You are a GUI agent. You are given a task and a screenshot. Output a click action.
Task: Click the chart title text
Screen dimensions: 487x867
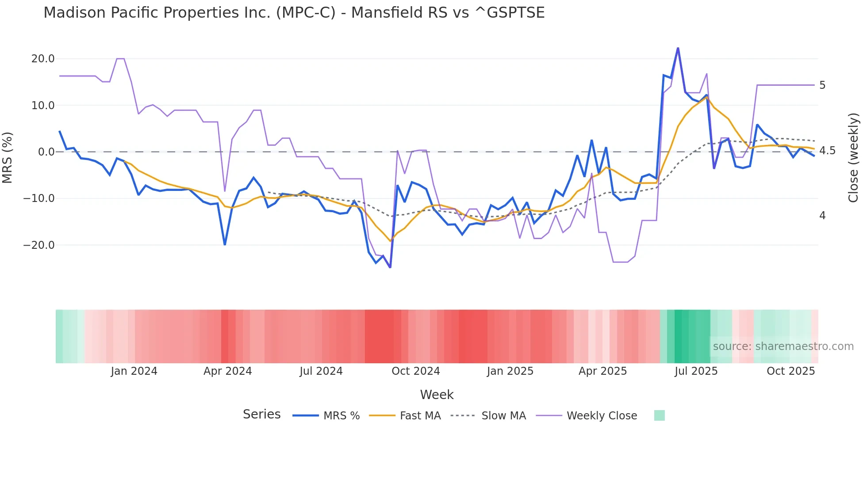coord(294,13)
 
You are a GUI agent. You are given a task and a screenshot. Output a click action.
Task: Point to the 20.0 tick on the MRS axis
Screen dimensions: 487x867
coord(42,59)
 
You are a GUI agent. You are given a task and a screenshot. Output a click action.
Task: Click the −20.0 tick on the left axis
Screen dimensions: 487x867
coord(39,245)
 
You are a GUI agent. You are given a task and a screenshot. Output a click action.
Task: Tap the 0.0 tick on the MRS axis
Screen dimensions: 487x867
coord(46,152)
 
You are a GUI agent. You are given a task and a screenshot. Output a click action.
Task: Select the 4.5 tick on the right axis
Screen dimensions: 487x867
coord(827,151)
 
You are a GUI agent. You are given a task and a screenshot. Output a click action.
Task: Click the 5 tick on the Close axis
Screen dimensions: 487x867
coord(822,85)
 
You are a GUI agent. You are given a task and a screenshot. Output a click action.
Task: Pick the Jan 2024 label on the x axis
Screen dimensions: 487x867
coord(134,371)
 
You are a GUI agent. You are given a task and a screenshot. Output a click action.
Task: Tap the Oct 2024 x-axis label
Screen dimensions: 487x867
coord(415,371)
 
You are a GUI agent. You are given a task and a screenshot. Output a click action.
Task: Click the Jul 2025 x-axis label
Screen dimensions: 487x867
coord(696,371)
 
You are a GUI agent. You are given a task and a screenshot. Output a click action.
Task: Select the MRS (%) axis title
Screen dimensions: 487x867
coord(8,158)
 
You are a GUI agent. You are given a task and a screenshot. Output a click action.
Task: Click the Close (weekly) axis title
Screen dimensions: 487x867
coord(853,158)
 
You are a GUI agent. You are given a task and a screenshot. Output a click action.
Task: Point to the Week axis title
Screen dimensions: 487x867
coord(437,395)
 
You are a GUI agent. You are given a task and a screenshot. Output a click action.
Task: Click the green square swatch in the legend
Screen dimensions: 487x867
coord(659,416)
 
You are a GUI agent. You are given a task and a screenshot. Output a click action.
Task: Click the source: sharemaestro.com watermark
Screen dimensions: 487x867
coord(783,346)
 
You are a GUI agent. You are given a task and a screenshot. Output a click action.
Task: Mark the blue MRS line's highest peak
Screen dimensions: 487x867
coord(678,48)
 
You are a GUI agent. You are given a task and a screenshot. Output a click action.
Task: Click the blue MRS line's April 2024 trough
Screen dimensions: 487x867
coord(225,244)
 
